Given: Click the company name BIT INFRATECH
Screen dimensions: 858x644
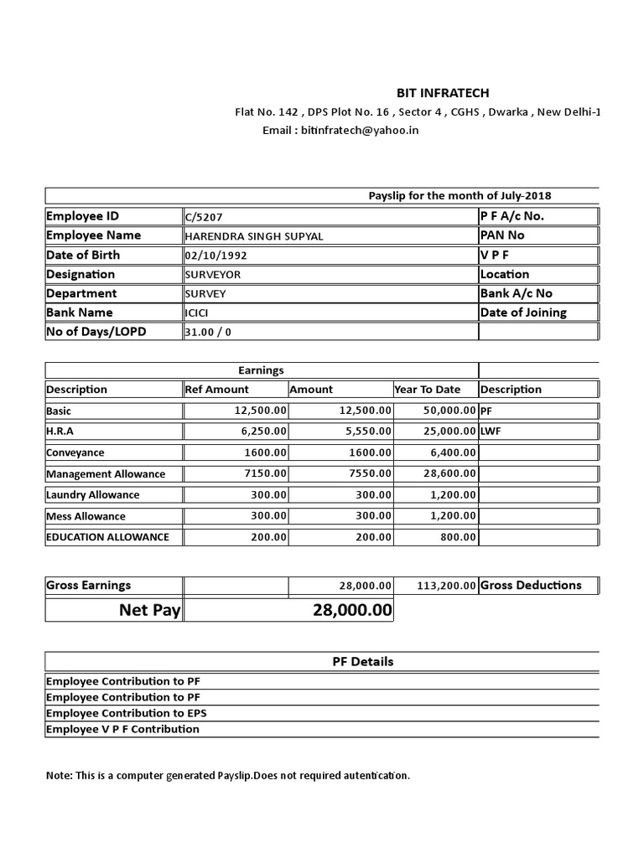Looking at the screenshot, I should [443, 93].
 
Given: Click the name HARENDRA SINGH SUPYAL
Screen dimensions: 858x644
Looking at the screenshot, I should [253, 236].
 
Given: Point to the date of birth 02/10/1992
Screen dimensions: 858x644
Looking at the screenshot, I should [216, 256].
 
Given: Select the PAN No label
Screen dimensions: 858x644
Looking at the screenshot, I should [502, 235].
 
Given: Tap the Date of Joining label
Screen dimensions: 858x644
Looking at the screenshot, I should [523, 313].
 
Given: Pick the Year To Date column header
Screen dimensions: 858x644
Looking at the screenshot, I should [428, 390].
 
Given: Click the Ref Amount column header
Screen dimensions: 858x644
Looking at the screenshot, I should [217, 390].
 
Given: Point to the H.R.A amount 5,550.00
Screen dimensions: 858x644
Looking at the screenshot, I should [362, 432].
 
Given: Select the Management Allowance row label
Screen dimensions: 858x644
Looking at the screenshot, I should [106, 474].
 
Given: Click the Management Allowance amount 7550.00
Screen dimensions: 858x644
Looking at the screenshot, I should [367, 474].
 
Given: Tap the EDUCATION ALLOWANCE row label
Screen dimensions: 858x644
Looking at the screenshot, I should [107, 537].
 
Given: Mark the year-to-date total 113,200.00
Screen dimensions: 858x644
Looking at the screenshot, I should [446, 587].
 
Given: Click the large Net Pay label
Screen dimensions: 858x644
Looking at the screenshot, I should [149, 611].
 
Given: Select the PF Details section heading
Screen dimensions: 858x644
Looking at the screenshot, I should [363, 662].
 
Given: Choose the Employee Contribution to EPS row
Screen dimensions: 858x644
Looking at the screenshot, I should [127, 714].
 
